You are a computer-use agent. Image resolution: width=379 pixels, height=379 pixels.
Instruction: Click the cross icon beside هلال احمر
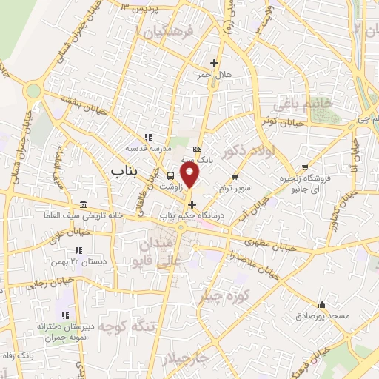[215, 63]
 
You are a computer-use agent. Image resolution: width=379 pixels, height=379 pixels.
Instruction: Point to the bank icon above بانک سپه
[197, 146]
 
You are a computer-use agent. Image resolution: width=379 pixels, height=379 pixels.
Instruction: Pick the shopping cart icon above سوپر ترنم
[235, 176]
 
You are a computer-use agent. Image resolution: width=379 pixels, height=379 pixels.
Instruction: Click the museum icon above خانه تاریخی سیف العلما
[82, 204]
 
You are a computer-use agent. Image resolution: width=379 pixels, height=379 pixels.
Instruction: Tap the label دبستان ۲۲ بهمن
[83, 262]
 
